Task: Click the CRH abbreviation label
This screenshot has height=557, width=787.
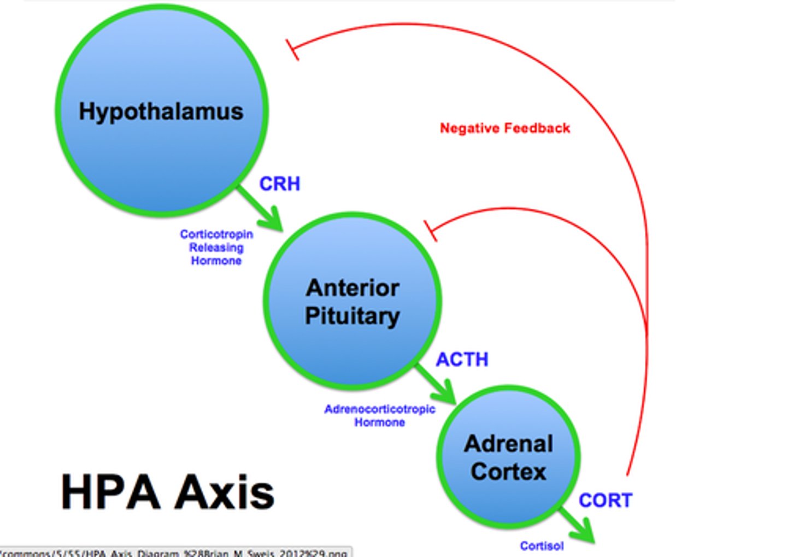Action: click(279, 184)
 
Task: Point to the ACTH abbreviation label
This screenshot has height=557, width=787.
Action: click(462, 360)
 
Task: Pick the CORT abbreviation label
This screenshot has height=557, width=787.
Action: click(605, 500)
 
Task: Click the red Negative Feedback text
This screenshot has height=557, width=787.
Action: click(504, 128)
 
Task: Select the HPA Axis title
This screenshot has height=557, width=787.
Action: click(167, 492)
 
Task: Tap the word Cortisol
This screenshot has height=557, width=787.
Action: click(542, 546)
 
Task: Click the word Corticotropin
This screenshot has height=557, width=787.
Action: click(216, 234)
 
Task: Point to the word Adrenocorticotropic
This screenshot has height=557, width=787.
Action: click(379, 409)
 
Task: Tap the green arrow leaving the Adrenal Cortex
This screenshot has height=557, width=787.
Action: click(578, 526)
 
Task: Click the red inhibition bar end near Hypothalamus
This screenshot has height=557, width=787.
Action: click(292, 49)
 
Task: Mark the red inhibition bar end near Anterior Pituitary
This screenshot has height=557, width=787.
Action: click(431, 231)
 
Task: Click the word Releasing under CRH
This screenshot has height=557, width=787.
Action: click(216, 248)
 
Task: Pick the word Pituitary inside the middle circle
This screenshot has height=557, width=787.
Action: click(353, 316)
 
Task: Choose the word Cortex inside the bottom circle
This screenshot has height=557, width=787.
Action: click(508, 471)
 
